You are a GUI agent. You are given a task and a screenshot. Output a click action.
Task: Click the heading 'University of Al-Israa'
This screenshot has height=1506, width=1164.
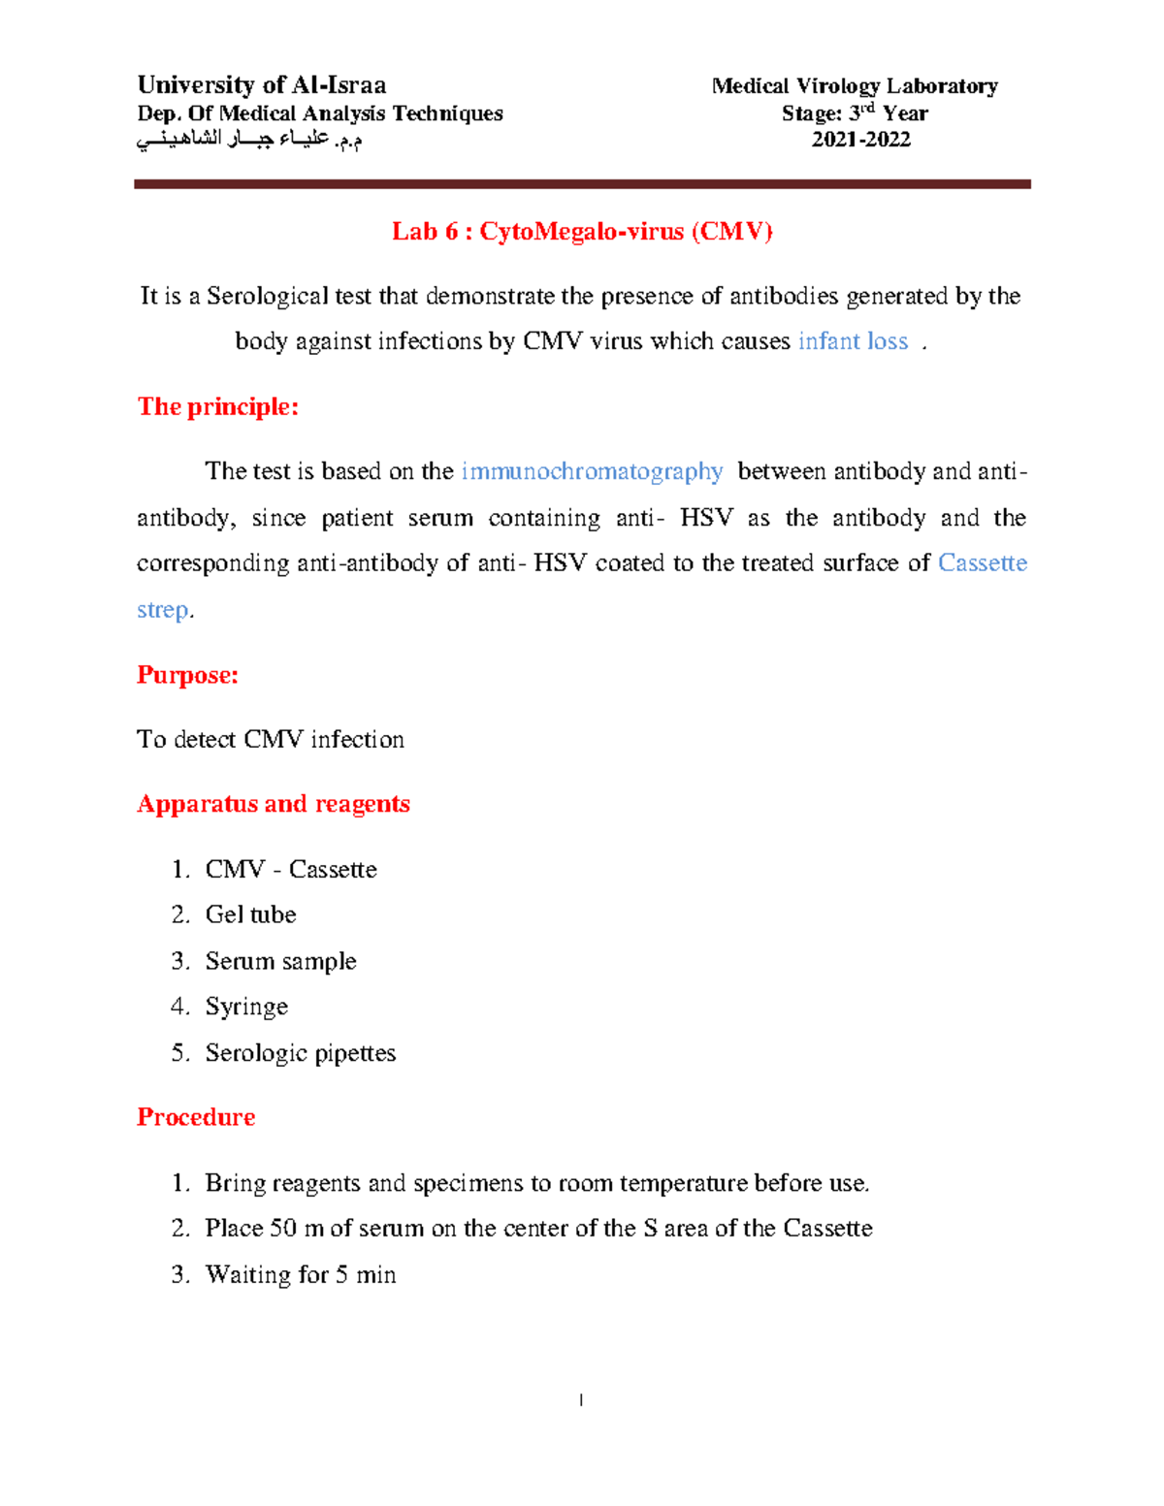(262, 85)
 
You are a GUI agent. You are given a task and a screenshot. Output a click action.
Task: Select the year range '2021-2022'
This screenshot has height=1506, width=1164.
(860, 140)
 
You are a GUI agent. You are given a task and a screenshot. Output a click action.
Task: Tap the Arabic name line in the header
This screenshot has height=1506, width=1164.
(249, 141)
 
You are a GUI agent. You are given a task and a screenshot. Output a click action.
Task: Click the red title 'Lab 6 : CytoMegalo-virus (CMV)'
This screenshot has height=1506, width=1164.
(582, 232)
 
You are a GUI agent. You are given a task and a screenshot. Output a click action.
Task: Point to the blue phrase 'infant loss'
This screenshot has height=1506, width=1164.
(853, 341)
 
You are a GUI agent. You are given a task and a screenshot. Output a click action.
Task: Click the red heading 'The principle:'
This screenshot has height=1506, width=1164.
(218, 406)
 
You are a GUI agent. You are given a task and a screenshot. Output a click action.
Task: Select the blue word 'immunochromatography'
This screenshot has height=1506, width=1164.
(592, 471)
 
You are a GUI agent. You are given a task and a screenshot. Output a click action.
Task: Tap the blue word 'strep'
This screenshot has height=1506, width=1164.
(163, 610)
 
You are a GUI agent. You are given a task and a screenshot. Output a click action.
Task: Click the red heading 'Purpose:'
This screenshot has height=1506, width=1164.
(187, 675)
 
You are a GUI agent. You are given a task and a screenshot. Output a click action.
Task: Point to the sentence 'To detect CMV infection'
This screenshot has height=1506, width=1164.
(271, 740)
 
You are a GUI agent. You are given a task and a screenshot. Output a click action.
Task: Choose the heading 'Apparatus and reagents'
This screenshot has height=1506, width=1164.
(274, 804)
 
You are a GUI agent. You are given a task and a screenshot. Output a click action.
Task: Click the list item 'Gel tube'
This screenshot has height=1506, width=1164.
(250, 914)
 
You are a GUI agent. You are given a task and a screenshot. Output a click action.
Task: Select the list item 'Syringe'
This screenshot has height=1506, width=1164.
(246, 1007)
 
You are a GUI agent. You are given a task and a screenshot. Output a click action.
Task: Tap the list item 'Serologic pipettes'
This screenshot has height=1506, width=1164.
(301, 1053)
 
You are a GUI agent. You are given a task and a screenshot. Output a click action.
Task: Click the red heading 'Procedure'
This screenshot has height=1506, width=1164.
(196, 1117)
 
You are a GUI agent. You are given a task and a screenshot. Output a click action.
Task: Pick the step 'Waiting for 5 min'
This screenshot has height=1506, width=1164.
(301, 1274)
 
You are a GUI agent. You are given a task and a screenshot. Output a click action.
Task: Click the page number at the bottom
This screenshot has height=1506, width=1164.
(581, 1399)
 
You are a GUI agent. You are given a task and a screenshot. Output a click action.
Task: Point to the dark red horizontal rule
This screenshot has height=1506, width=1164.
(582, 183)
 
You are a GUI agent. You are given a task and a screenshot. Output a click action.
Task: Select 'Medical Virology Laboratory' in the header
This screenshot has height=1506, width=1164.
(855, 86)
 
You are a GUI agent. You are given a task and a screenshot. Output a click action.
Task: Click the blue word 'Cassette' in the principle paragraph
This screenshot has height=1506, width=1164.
(983, 563)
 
